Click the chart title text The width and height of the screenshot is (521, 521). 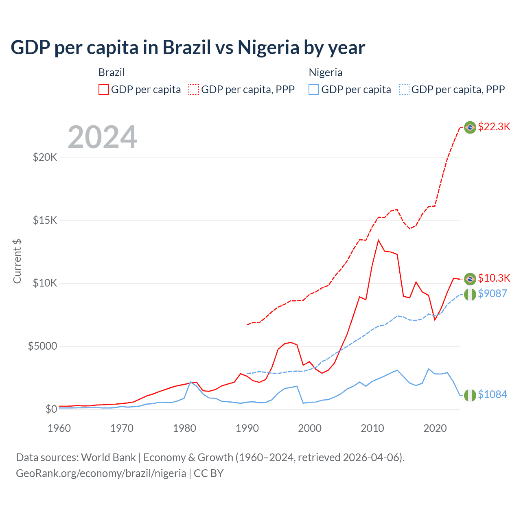click(x=188, y=48)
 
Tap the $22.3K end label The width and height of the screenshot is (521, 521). click(x=494, y=127)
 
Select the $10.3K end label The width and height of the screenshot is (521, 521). click(x=494, y=278)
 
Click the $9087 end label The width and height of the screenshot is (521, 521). click(x=492, y=293)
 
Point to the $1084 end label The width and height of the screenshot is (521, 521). click(x=492, y=394)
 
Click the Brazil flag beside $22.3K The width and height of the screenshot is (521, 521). click(x=470, y=127)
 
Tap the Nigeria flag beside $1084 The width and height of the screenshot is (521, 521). click(x=470, y=395)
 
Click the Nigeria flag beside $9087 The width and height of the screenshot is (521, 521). click(x=470, y=294)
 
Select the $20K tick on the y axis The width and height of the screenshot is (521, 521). click(x=45, y=157)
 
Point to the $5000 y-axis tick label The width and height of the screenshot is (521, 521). click(x=42, y=346)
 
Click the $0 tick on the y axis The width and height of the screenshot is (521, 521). click(x=51, y=409)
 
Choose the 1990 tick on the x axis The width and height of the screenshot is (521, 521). click(x=247, y=428)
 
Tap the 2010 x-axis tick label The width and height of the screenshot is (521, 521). click(x=372, y=428)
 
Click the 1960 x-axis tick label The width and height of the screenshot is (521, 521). click(x=59, y=428)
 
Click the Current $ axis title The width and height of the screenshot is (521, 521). click(x=17, y=261)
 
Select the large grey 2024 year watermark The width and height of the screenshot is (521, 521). click(x=102, y=137)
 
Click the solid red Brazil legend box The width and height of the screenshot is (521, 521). click(x=104, y=90)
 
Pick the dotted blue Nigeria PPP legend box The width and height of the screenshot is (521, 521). click(x=404, y=90)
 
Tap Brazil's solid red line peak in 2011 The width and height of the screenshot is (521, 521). click(x=379, y=240)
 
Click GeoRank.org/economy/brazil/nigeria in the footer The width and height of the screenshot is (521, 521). click(x=101, y=473)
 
